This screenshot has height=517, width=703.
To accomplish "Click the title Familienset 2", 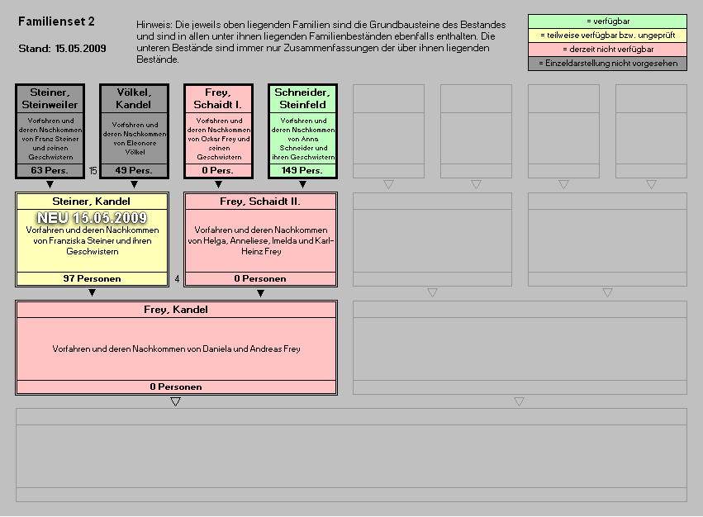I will (x=56, y=21).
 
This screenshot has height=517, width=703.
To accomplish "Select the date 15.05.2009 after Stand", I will (x=81, y=49).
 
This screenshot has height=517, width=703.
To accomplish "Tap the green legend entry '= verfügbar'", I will (x=607, y=21).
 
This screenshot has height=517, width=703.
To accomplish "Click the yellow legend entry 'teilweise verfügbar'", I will (x=607, y=35).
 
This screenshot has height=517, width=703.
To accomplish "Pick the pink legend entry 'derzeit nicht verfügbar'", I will (x=607, y=50).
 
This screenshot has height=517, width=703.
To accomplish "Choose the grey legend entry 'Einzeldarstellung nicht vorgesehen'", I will (x=607, y=64).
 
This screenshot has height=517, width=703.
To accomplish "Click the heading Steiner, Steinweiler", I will (x=50, y=98).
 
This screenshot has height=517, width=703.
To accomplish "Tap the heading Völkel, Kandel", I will (x=134, y=98).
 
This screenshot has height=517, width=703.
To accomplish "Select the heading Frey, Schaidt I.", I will (x=218, y=98).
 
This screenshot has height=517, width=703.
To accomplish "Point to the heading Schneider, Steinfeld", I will (x=302, y=98).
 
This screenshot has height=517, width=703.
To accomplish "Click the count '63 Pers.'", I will (x=50, y=170).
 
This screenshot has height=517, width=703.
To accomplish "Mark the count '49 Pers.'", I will (x=134, y=170).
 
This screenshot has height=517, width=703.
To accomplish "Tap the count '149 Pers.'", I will (x=302, y=170).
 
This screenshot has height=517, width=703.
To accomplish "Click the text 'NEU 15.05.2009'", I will (x=92, y=217).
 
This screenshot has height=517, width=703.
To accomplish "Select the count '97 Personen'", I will (x=92, y=278).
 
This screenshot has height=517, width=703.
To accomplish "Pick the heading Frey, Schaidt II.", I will (x=260, y=202).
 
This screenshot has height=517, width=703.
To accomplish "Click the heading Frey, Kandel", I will (x=176, y=310).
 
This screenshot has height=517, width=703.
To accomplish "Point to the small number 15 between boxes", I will (x=93, y=171).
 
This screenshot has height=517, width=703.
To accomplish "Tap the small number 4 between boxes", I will (x=177, y=279).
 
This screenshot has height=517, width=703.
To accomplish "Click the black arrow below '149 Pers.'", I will (x=302, y=185).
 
